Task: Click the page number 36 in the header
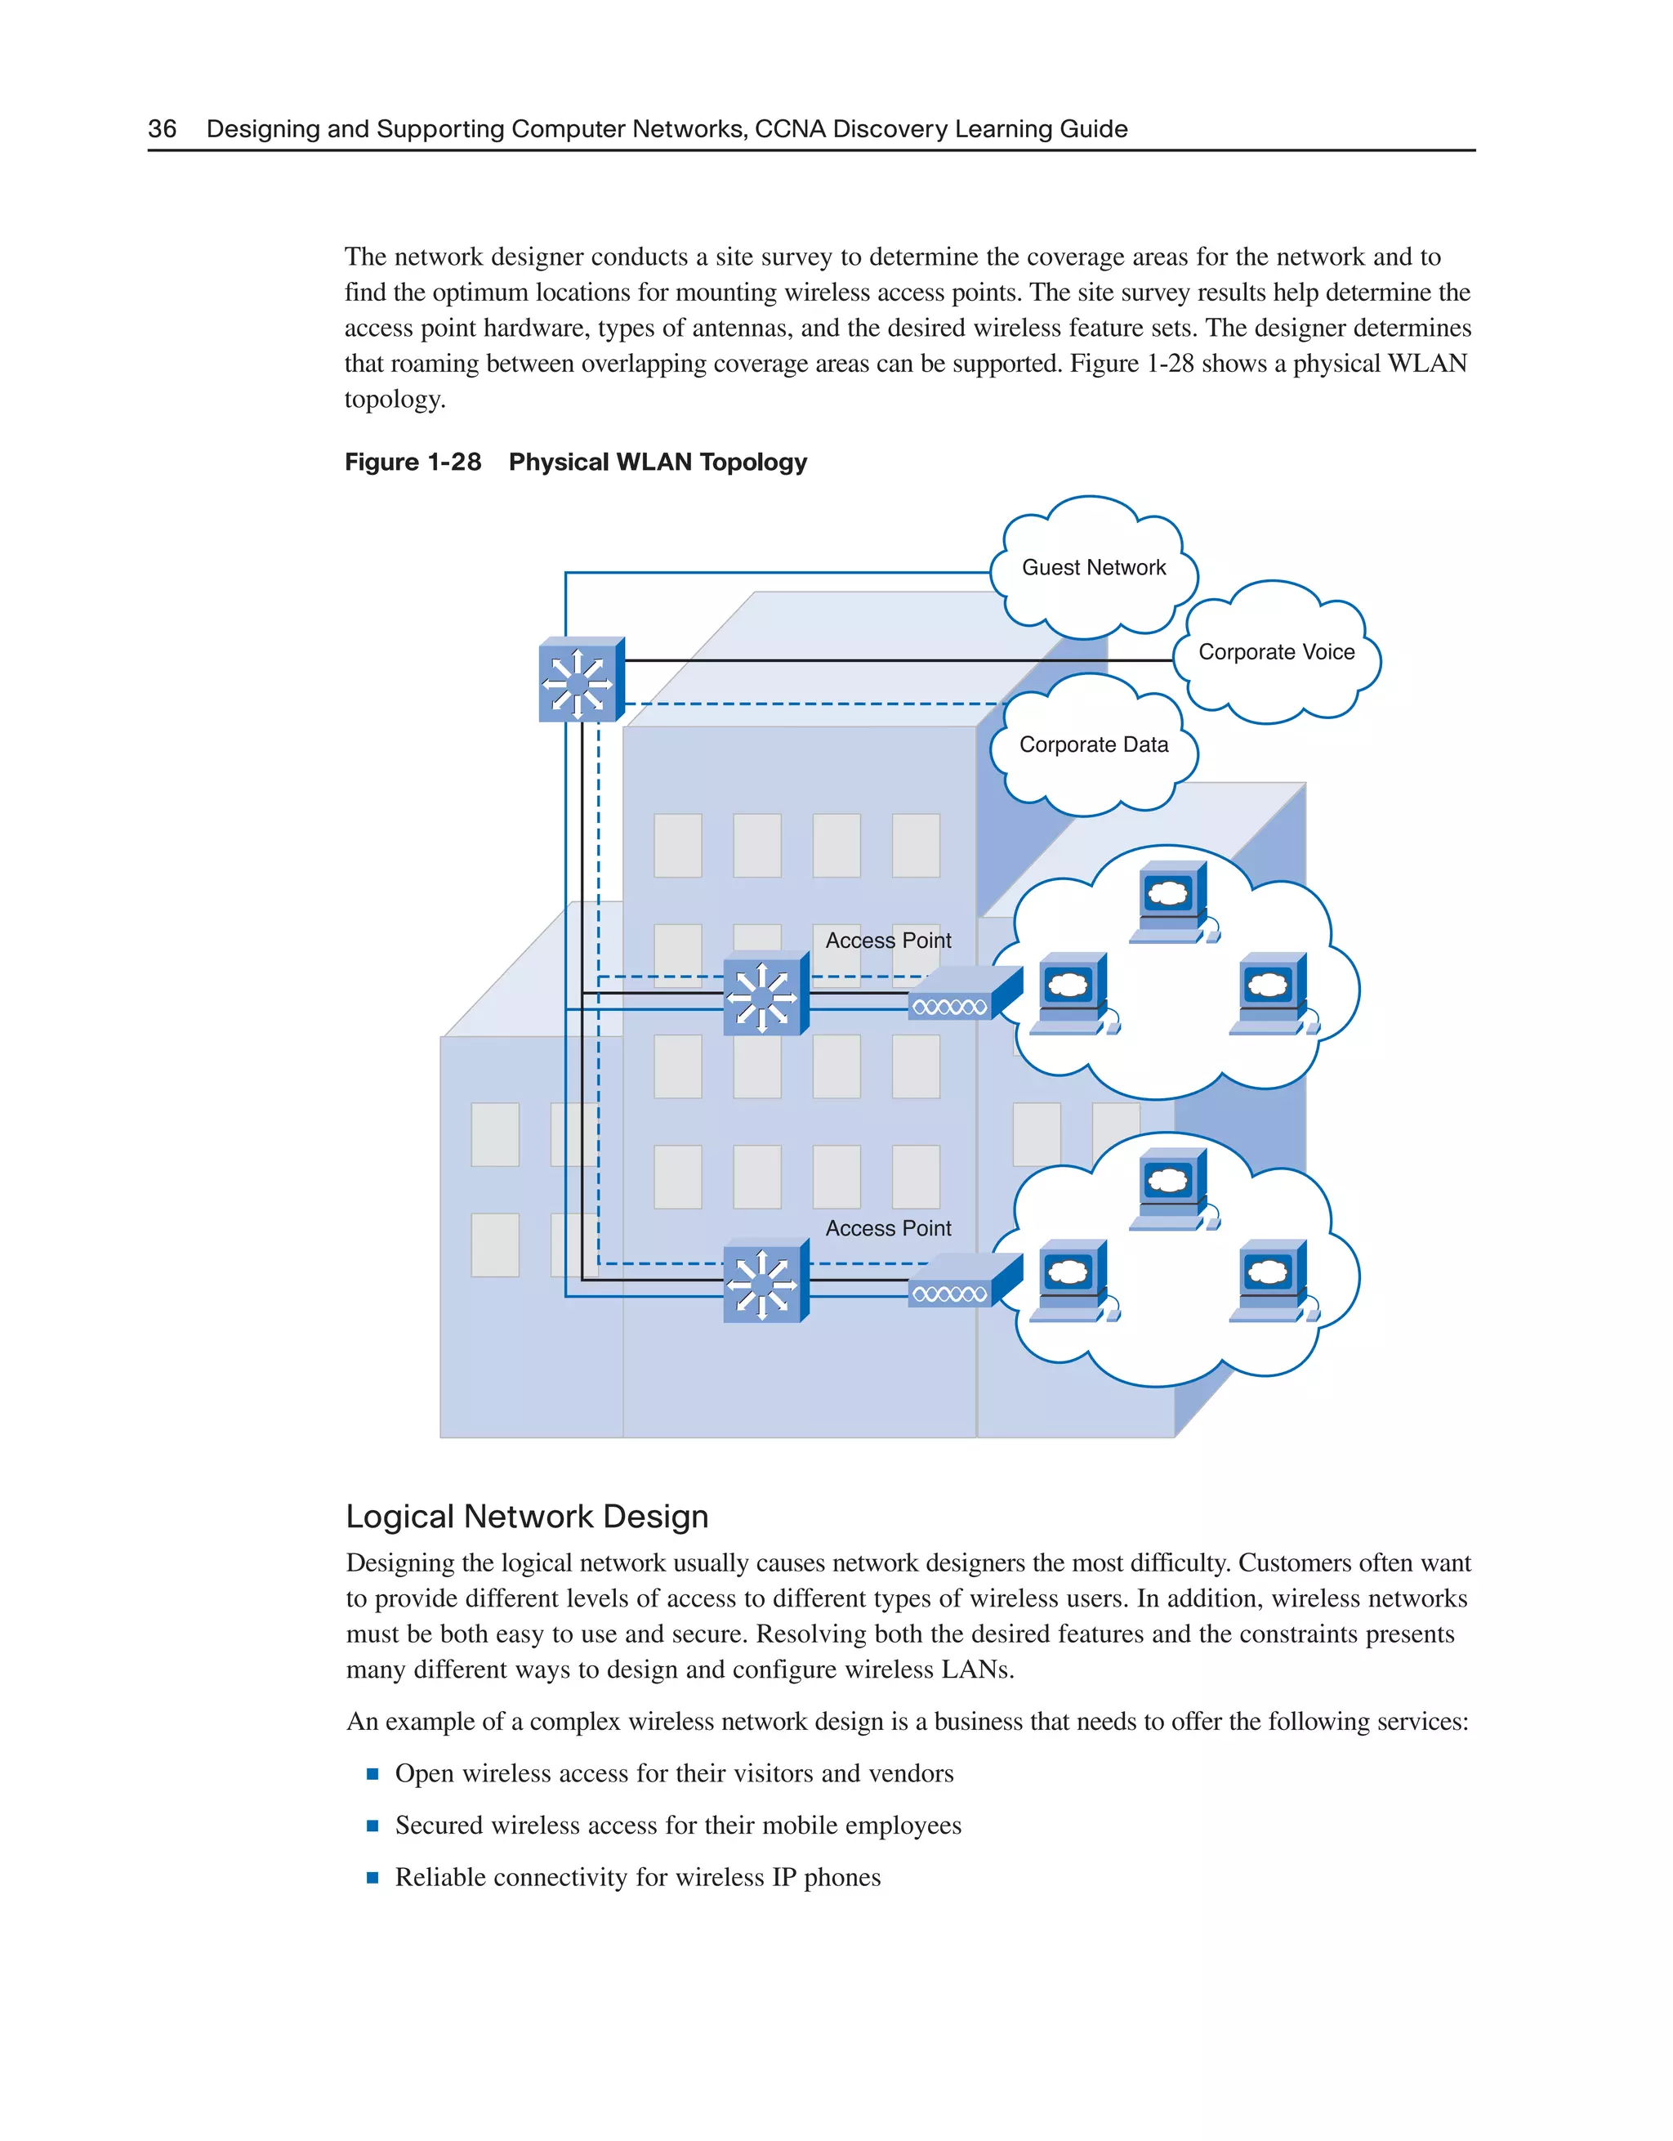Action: pos(163,129)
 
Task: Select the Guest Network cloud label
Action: pos(1093,568)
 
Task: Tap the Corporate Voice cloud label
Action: pos(1276,652)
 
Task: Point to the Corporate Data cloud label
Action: pos(1093,745)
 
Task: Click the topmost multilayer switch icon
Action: pos(580,681)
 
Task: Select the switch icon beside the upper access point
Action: pos(765,994)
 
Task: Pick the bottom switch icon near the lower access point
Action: pos(765,1281)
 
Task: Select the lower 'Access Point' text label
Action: pos(888,1228)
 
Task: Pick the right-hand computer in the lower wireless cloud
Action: pos(1271,1281)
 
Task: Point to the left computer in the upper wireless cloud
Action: pos(1071,993)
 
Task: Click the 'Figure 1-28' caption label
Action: pos(413,462)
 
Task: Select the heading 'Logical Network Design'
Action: pos(526,1517)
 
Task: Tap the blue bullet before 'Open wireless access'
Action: pos(373,1773)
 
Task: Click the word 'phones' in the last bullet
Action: pos(842,1877)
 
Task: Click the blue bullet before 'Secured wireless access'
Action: pos(373,1826)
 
